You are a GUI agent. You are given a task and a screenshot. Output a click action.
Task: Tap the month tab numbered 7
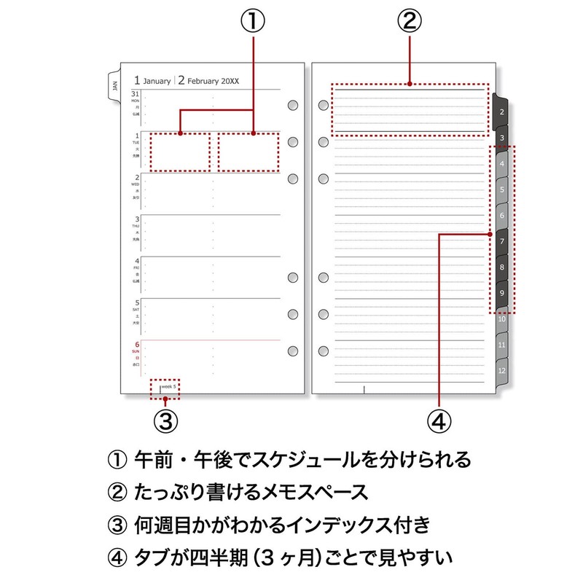501,240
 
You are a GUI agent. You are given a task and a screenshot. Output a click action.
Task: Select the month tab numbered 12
501,370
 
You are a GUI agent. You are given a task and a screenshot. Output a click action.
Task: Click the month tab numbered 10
501,318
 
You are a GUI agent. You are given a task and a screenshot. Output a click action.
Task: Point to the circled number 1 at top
252,21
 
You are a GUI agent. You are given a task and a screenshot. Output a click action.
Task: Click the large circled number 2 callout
409,21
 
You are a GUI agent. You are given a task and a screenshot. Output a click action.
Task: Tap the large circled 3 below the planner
165,420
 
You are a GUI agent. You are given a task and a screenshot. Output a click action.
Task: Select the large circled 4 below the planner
440,420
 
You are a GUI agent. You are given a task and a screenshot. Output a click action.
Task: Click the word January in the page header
157,81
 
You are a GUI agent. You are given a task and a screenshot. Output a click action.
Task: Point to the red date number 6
136,345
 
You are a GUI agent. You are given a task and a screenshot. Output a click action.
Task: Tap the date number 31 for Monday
136,94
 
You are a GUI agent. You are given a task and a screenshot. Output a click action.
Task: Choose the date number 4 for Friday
136,261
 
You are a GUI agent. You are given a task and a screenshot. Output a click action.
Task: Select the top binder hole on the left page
293,105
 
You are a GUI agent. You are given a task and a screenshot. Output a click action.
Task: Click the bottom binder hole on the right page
324,351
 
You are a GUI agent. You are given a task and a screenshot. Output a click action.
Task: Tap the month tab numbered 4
501,163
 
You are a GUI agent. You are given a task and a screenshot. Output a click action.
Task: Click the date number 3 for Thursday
136,219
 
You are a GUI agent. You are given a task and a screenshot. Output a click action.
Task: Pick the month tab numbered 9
501,293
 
